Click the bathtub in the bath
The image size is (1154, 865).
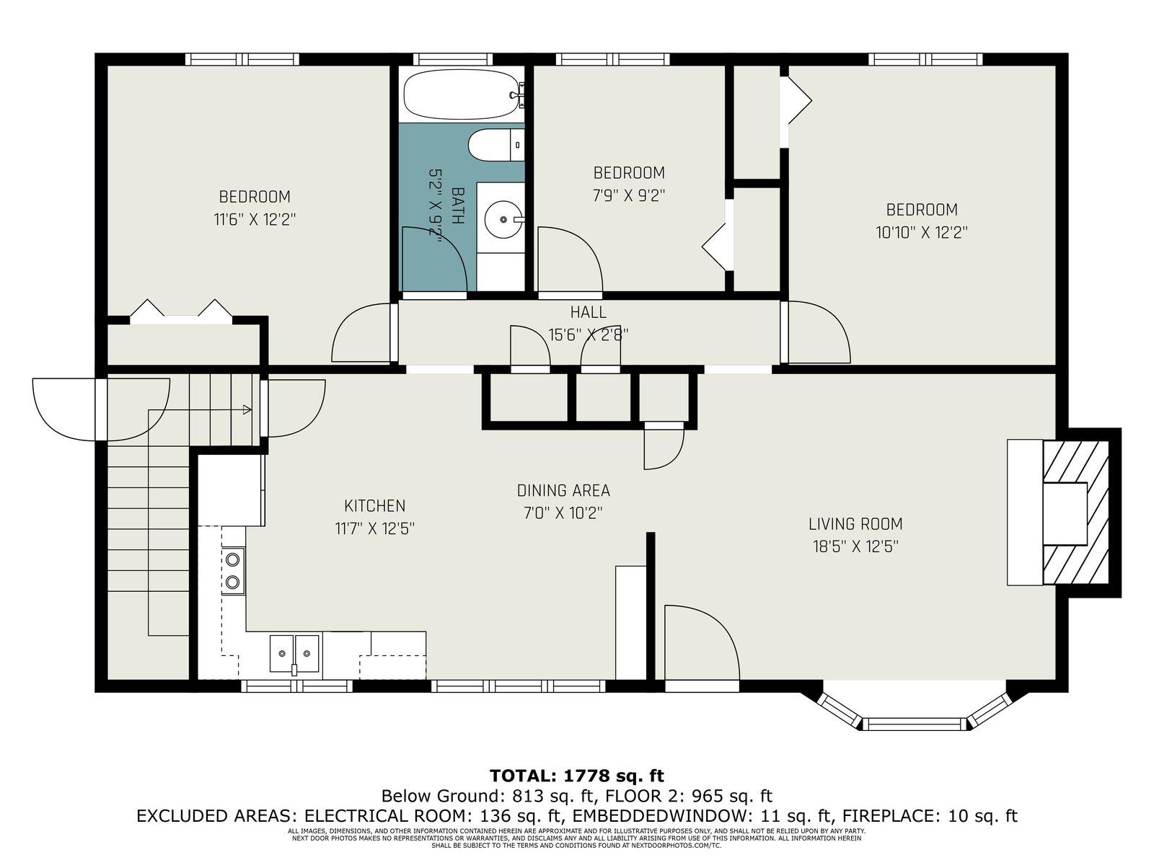click(x=463, y=95)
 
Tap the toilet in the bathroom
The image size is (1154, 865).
click(x=496, y=146)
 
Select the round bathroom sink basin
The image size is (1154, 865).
click(x=504, y=219)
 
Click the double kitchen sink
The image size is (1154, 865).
click(x=294, y=653)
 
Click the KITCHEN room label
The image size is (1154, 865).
click(x=375, y=506)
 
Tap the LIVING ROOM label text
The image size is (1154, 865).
click(x=855, y=523)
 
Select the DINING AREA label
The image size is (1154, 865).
click(x=563, y=491)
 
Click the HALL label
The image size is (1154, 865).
click(x=589, y=313)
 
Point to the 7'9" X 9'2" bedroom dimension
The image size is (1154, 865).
click(x=629, y=195)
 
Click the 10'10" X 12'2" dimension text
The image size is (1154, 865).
click(x=922, y=232)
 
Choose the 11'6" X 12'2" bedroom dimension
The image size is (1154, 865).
click(x=255, y=219)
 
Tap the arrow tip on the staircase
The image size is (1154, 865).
click(x=251, y=409)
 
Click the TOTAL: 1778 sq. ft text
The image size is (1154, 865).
click(x=577, y=775)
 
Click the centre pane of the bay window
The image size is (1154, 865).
click(x=915, y=724)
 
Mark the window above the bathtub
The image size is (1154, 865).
click(x=453, y=59)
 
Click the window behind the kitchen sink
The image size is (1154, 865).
click(x=297, y=686)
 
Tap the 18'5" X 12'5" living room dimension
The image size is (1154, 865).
click(x=855, y=546)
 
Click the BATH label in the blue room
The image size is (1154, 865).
click(x=458, y=206)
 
